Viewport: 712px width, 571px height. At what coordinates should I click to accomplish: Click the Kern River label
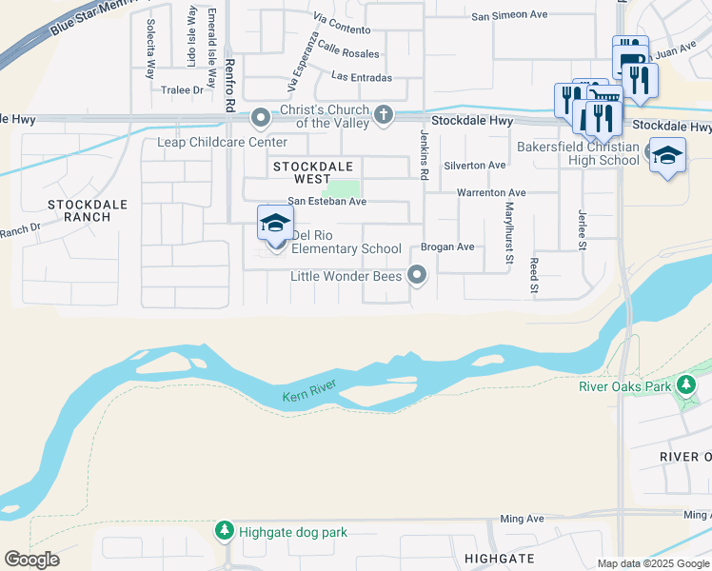pos(310,396)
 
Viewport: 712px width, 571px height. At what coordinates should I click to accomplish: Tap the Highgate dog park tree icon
pos(224,531)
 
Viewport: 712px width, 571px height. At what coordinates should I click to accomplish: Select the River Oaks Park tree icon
pos(685,385)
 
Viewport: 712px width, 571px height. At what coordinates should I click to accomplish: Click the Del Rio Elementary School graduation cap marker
pos(274,225)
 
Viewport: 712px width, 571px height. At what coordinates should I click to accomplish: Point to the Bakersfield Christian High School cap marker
pos(667,155)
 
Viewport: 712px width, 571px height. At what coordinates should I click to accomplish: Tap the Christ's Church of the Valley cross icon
pos(384,115)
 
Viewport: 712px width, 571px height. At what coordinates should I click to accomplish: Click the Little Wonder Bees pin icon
pos(416,276)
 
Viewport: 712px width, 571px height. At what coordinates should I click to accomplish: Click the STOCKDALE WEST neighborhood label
pos(313,172)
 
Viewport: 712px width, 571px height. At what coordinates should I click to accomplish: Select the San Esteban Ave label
pos(327,202)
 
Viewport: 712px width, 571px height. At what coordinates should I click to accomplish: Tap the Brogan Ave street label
pos(447,246)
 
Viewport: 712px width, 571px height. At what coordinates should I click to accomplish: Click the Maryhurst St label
pos(509,233)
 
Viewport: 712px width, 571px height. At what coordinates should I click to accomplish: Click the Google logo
pos(31,559)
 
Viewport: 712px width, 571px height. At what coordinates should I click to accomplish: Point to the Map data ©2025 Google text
pos(652,563)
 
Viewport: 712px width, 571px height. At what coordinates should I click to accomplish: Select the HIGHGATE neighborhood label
pos(500,558)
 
